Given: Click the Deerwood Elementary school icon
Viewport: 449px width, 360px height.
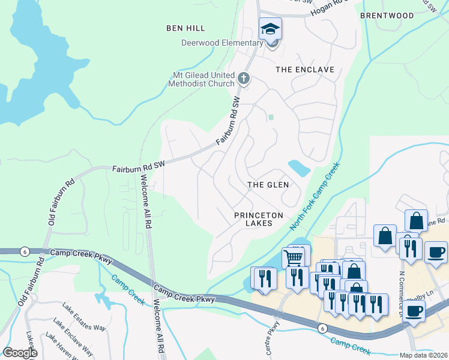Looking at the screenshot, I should point(270,28).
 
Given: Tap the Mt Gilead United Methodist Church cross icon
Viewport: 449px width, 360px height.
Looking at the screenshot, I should point(244,78).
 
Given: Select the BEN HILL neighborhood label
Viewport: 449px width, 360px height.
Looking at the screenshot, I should point(185,28).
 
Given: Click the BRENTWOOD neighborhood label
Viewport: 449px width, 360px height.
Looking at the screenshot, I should point(387,15).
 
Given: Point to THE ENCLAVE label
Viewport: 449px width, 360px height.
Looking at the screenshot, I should point(304,70).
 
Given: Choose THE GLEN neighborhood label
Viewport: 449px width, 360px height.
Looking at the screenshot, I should point(268,185).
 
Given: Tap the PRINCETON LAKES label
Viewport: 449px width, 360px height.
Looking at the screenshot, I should point(253,218).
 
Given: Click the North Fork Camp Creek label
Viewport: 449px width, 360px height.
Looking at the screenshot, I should point(315,196).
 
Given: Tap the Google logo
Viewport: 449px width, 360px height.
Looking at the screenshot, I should point(20,353).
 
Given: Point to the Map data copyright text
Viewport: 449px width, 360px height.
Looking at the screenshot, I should point(423,355).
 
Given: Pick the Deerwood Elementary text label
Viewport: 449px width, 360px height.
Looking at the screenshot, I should point(223,43).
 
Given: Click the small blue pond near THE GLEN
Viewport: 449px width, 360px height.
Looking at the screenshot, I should point(299,167).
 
